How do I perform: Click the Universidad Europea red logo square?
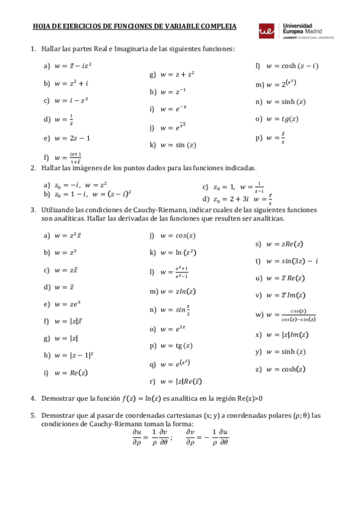point(265,31)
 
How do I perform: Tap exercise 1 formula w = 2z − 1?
point(73,138)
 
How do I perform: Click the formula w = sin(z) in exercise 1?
point(178,145)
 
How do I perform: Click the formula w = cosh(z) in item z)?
point(289,369)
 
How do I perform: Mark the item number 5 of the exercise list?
point(33,416)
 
